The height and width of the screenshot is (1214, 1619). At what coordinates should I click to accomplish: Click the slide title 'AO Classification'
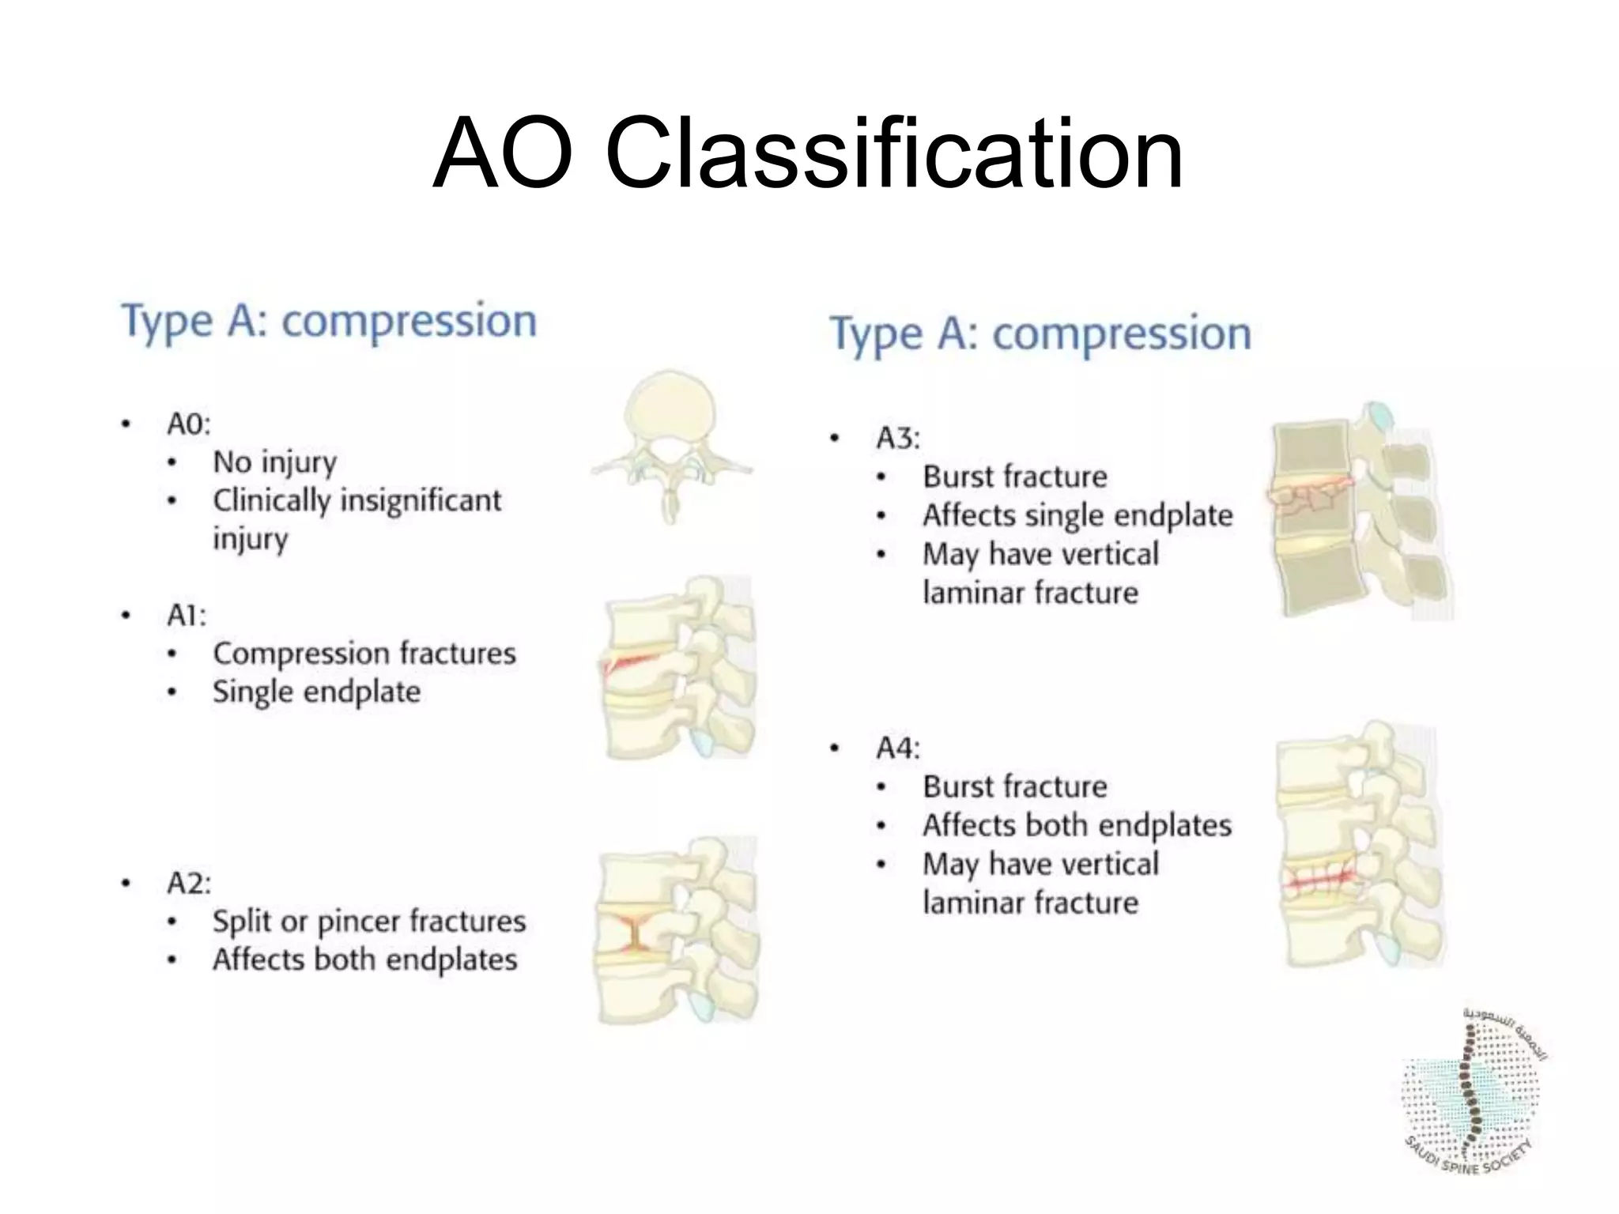808,153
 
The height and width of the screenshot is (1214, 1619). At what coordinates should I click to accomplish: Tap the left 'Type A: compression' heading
329,321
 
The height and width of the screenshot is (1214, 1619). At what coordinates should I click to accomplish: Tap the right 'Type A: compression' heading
1040,334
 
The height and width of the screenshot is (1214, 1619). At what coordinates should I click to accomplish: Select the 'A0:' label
188,424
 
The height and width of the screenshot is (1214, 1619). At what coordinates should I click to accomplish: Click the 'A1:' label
187,615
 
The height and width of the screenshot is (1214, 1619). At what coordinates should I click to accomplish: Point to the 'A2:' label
188,883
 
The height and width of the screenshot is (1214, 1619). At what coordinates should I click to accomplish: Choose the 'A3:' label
898,438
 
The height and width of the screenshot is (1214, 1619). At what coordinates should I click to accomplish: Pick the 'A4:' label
898,748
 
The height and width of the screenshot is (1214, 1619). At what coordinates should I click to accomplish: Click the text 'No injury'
274,462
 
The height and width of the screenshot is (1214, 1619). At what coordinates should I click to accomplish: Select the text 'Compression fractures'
364,654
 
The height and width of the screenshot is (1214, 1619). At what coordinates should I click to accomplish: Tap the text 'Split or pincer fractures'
368,922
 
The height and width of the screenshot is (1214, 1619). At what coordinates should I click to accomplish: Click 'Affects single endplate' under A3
1077,515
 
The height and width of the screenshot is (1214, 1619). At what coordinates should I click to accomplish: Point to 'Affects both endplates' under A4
1077,825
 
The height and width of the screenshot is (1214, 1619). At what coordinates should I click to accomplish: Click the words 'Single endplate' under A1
316,692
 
